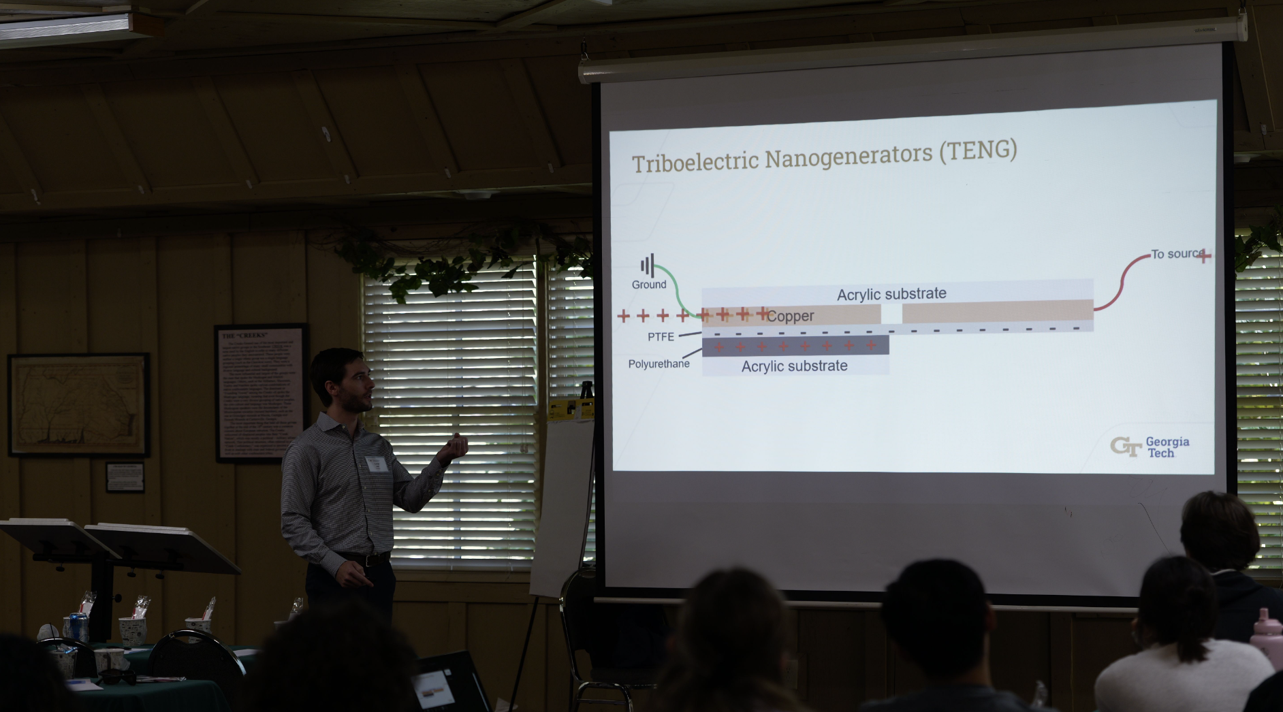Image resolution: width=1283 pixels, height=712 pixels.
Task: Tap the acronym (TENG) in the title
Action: click(978, 150)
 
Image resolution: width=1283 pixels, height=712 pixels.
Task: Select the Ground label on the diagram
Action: click(648, 285)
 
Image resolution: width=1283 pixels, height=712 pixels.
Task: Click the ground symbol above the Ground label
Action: click(647, 265)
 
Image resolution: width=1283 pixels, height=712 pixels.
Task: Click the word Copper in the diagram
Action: click(790, 316)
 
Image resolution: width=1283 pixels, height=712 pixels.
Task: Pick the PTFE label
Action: click(661, 337)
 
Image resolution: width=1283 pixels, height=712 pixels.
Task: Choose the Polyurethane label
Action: click(659, 364)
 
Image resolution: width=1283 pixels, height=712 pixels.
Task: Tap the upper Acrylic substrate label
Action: click(891, 294)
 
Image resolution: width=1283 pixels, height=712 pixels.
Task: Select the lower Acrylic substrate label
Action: click(794, 366)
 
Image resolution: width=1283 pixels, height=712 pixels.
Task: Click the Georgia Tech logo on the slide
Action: click(1150, 447)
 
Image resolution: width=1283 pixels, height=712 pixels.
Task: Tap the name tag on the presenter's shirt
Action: click(376, 464)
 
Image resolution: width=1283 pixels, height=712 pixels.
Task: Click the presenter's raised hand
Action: click(454, 447)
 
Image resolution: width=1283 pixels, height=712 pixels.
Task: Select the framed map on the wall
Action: click(79, 404)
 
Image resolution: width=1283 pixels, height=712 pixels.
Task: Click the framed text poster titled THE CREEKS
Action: click(261, 393)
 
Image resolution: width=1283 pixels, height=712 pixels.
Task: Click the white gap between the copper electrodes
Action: click(891, 314)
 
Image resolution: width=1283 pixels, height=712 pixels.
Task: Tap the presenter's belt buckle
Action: click(368, 561)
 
